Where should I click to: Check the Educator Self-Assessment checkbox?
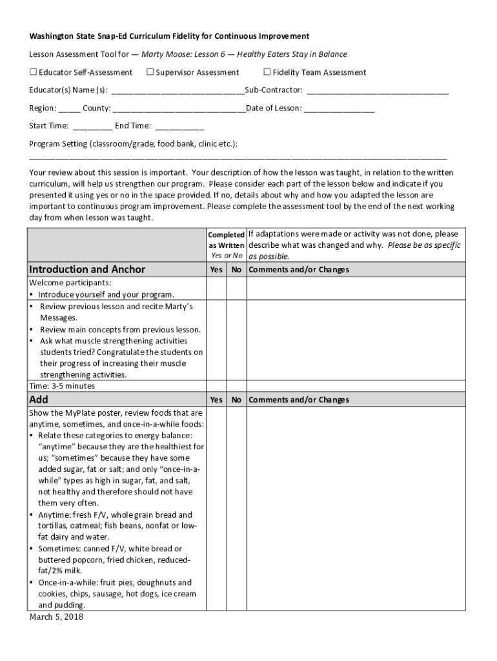[33, 72]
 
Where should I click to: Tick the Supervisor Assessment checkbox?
[150, 72]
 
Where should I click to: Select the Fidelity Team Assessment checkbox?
[267, 72]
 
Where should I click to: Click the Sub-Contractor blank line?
[377, 91]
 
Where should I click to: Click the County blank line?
[179, 108]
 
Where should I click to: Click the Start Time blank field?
[92, 127]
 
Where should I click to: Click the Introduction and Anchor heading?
[87, 269]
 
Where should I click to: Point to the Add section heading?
[39, 400]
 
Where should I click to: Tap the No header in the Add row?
[236, 400]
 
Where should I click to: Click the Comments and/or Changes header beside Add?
[298, 400]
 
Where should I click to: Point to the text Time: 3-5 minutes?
[62, 386]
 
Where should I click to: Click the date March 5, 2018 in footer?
[56, 617]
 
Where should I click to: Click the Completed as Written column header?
[226, 240]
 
